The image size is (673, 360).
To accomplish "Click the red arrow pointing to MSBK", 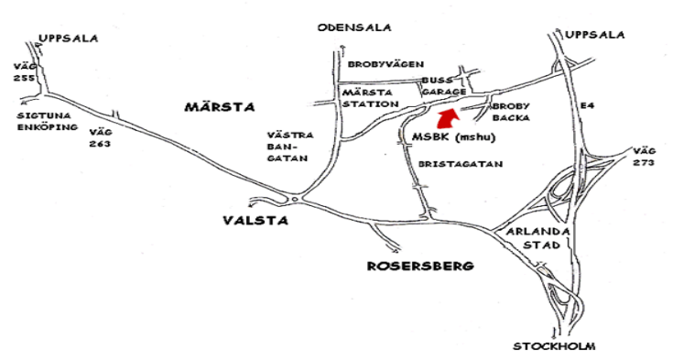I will point(447,119).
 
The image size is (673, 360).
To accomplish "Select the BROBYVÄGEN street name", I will point(385,64).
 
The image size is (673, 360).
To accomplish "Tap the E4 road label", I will point(587,107).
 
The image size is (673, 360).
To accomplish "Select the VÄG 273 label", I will point(646,155).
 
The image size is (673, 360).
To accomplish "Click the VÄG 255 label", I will point(25,72).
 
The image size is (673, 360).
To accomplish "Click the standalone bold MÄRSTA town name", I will point(218,108).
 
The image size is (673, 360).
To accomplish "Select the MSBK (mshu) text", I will point(446,138).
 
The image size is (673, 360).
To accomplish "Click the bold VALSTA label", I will point(254,221).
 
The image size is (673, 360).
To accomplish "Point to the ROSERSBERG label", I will point(420,266).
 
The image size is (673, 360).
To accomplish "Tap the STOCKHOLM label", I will point(555,346).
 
